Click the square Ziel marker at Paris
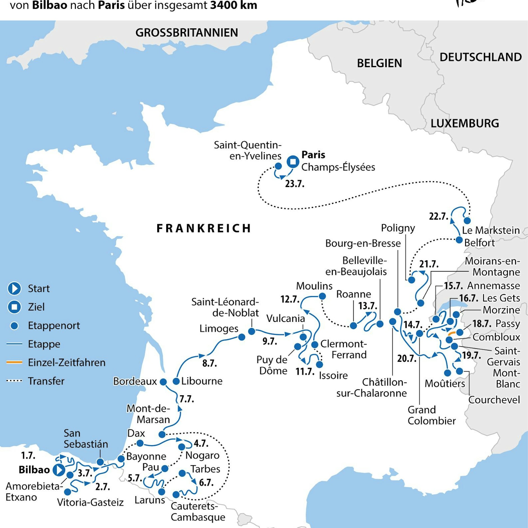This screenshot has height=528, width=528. click(293, 162)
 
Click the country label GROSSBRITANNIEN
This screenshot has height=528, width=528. click(186, 33)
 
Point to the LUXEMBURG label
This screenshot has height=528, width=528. click(465, 123)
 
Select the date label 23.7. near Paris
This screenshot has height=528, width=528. click(295, 184)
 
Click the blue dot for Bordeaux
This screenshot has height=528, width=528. click(163, 382)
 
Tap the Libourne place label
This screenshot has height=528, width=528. click(202, 381)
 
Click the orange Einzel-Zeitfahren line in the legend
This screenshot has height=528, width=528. click(14, 362)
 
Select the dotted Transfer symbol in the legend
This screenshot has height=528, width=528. click(14, 381)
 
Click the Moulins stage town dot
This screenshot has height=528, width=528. click(322, 296)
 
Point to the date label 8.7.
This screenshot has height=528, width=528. click(210, 363)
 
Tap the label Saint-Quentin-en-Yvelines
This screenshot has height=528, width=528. click(247, 150)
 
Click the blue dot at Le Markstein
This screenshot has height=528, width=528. click(467, 220)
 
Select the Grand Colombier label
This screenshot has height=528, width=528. click(431, 415)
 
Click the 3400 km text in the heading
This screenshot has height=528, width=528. click(233, 5)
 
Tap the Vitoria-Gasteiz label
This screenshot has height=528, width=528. click(90, 502)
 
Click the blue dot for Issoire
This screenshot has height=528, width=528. click(320, 365)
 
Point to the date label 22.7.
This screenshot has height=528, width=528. click(438, 216)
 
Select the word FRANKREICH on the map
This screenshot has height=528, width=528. click(204, 228)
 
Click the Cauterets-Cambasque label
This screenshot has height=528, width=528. click(198, 512)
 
